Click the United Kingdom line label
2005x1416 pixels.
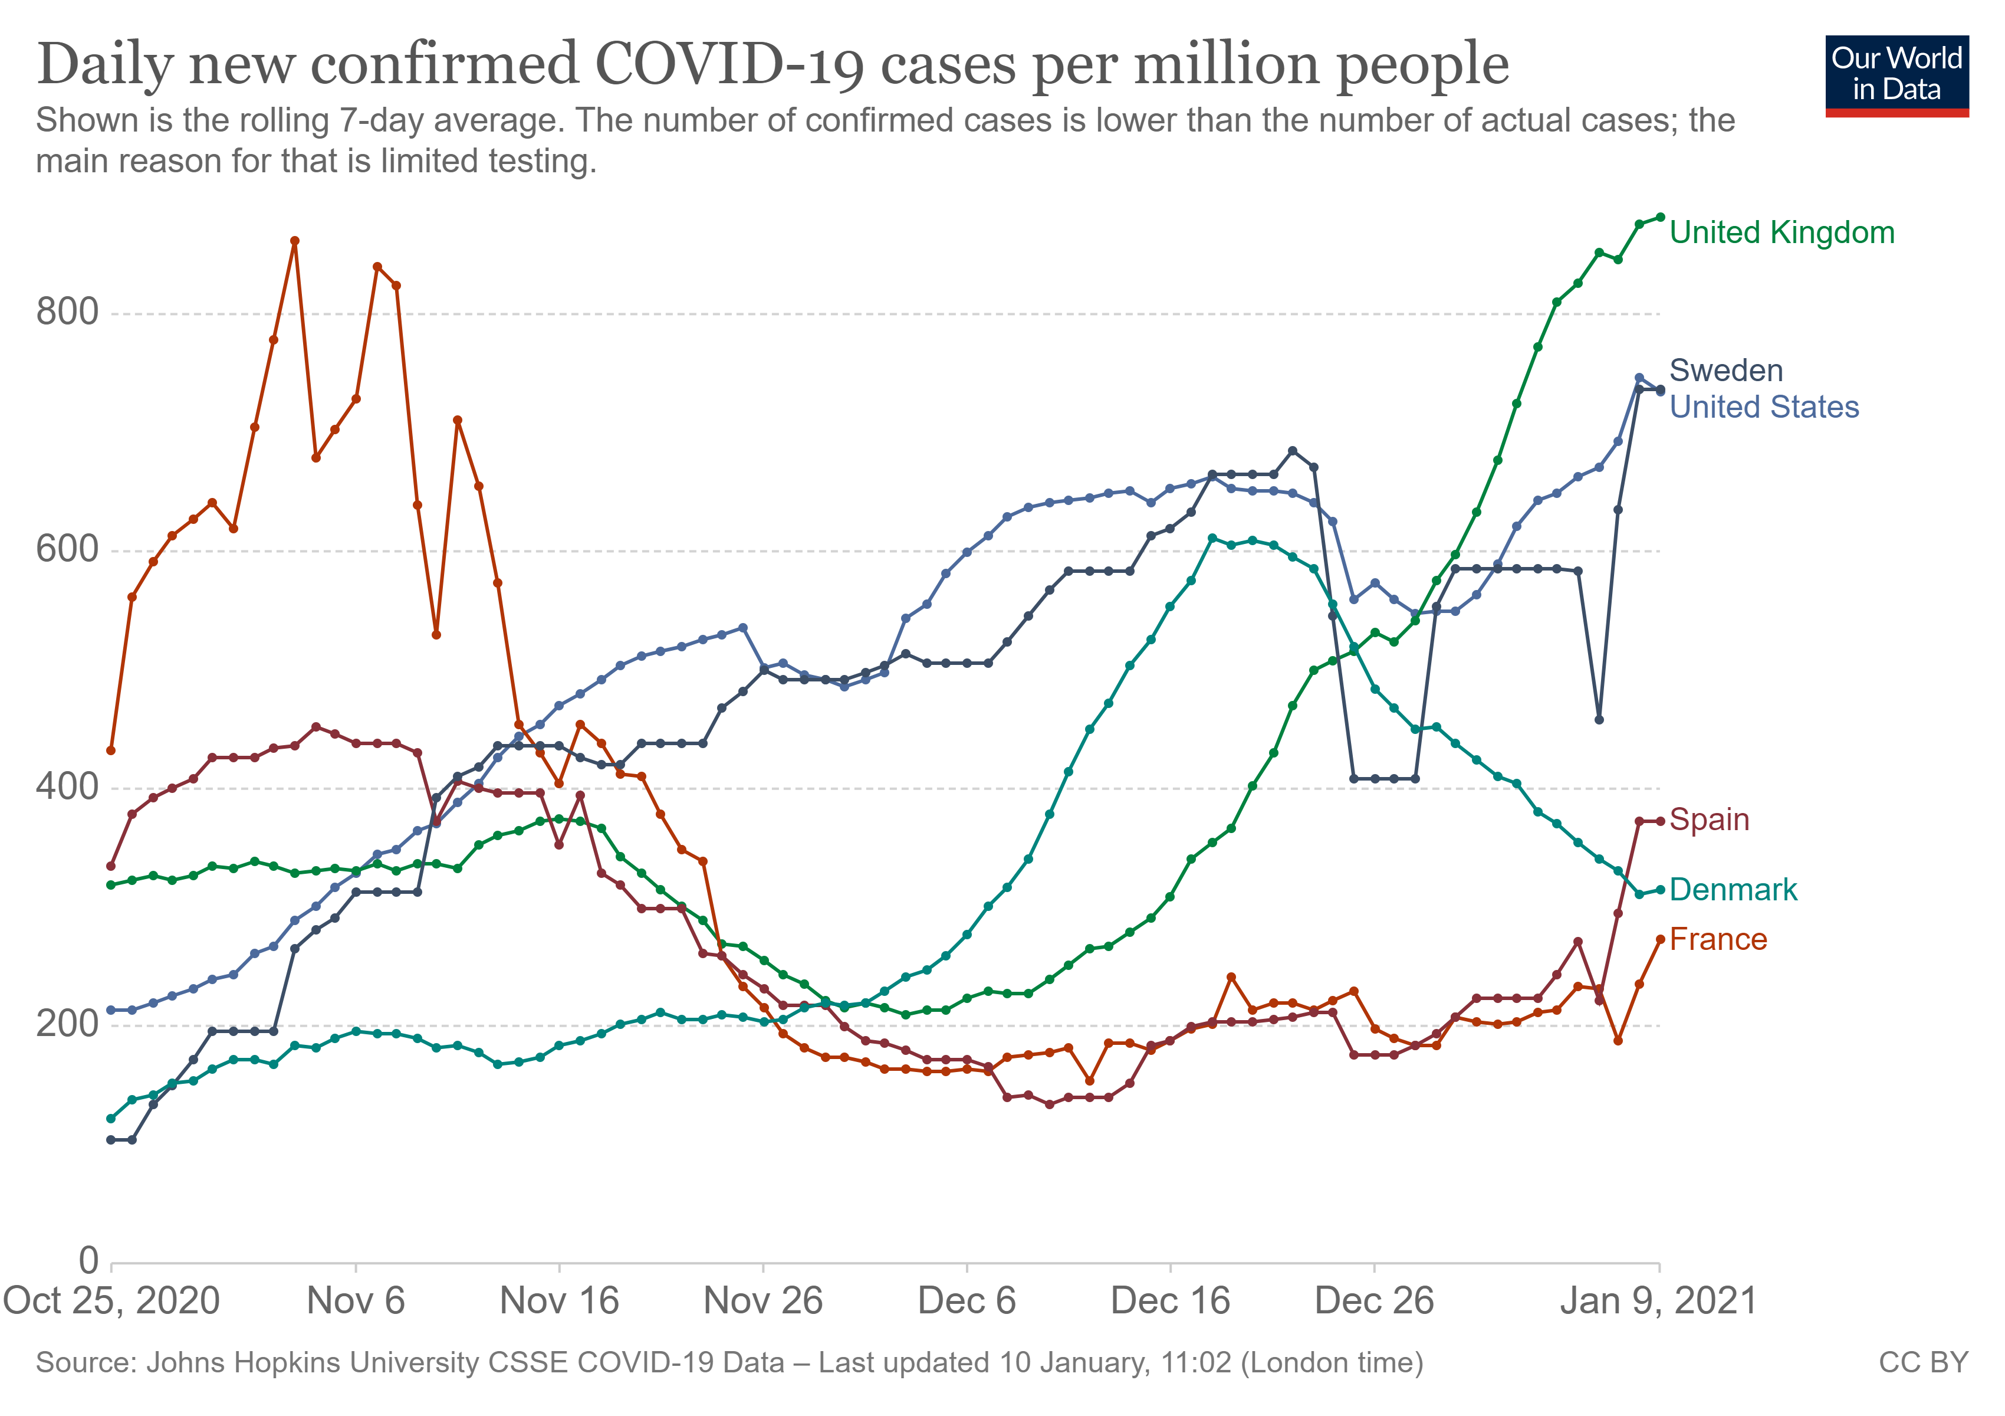[x=1782, y=233]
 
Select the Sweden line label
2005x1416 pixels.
[x=1725, y=371]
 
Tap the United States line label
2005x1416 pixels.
[x=1764, y=407]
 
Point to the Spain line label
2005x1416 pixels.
[x=1709, y=820]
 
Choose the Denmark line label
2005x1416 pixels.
[x=1733, y=890]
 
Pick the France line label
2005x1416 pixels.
[x=1718, y=940]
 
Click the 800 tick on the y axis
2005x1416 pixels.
[x=67, y=312]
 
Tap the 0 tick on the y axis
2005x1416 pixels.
[x=88, y=1261]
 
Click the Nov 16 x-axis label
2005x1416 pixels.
[x=559, y=1302]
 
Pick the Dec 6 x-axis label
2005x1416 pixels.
[x=967, y=1302]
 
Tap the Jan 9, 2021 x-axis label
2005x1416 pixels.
[x=1658, y=1302]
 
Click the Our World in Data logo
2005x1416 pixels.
[x=1896, y=75]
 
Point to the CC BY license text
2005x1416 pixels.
[x=1923, y=1363]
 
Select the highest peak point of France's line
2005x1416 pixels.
[x=294, y=241]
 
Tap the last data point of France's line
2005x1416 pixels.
[x=1660, y=940]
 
